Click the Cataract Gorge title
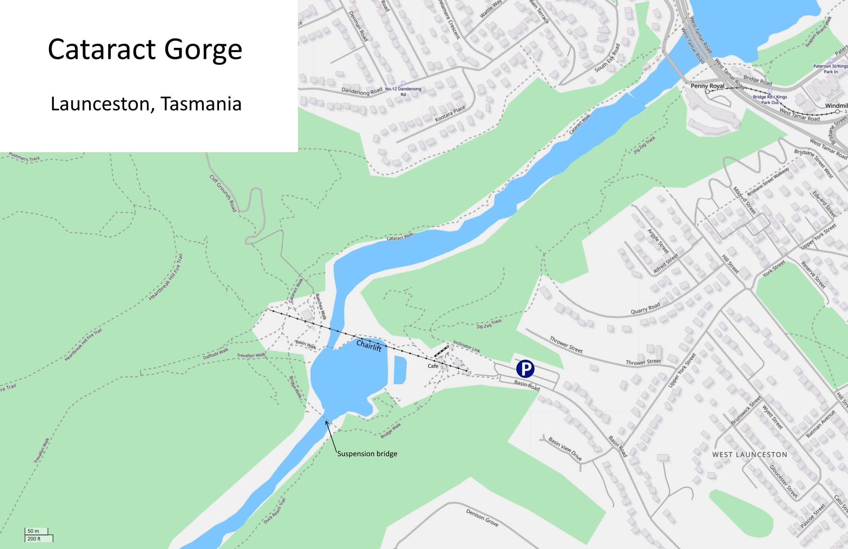pos(145,49)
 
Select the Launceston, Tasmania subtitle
pos(146,104)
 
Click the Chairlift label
pos(369,346)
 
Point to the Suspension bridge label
pos(367,454)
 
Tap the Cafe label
pos(433,366)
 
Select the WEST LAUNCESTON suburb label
pos(750,455)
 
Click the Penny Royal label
pos(707,86)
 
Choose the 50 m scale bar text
pos(33,531)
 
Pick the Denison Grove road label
pos(482,518)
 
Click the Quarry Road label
pos(645,308)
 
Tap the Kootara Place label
pos(450,114)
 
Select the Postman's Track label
pos(24,157)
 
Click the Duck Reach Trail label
pos(275,511)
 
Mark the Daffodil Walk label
pos(216,354)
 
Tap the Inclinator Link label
pos(466,346)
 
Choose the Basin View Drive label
pos(565,448)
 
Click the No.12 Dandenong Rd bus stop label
pos(403,91)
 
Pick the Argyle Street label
pos(658,241)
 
